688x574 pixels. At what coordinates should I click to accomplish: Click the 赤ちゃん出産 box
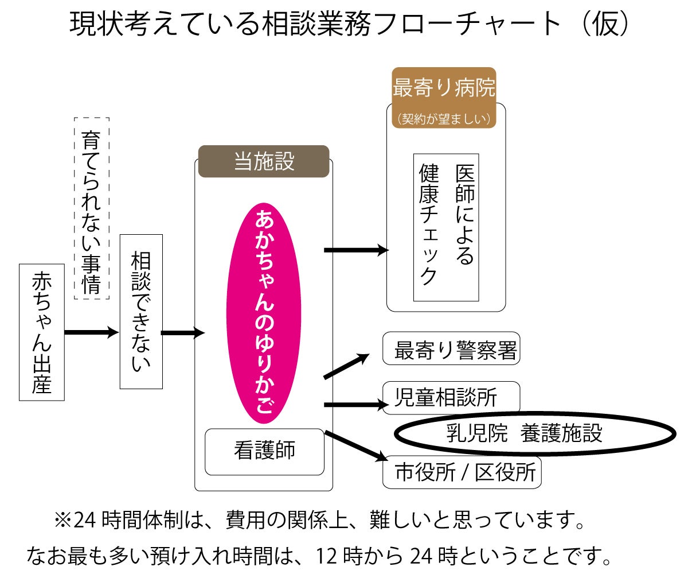pos(41,332)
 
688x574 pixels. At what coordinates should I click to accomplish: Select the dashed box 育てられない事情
pos(92,208)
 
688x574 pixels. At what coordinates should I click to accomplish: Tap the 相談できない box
pos(141,311)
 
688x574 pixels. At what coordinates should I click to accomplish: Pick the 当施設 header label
pos(264,162)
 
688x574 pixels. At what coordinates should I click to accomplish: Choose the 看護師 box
pos(264,451)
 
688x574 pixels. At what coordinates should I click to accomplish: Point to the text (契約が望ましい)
pos(444,119)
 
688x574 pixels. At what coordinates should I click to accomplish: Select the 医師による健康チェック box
pos(446,227)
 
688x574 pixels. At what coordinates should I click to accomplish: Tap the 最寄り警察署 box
pos(451,348)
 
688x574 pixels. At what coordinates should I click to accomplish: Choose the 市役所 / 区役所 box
pos(462,472)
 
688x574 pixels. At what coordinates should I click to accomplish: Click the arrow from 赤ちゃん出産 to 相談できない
pos(91,332)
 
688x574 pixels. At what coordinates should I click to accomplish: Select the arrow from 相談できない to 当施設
pos(182,332)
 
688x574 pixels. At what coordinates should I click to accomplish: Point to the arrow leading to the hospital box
pos(355,250)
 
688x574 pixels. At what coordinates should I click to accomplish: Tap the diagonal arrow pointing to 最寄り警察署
pos(346,366)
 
